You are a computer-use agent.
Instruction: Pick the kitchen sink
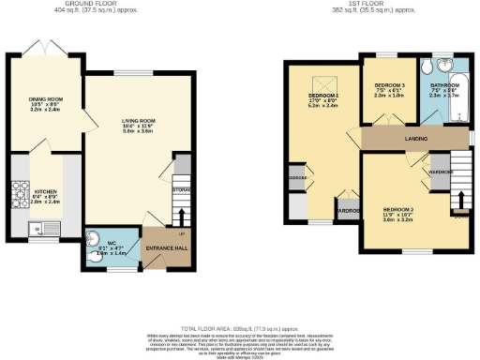40,226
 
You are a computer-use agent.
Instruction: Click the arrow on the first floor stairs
460,202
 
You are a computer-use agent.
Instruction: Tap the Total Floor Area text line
239,322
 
